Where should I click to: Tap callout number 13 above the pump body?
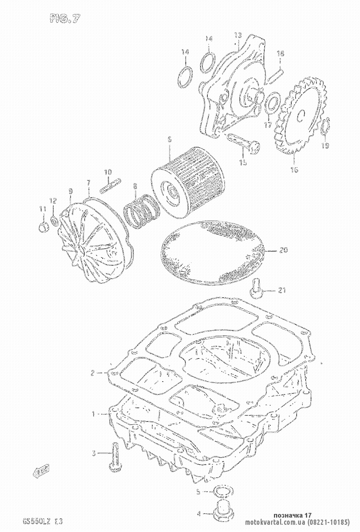238,35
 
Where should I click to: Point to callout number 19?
325,146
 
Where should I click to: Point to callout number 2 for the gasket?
93,373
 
